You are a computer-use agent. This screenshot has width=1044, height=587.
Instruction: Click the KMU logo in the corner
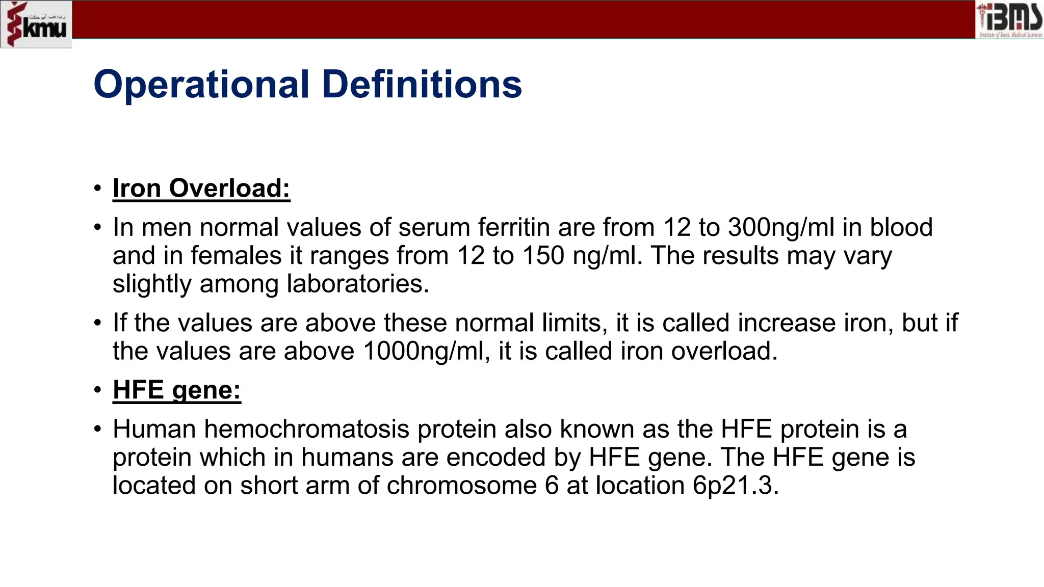coord(36,24)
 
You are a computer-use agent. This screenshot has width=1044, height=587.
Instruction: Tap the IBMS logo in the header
coord(1009,20)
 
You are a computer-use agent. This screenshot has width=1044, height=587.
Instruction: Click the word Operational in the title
coord(201,84)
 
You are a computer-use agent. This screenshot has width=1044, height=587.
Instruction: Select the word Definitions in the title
coord(422,84)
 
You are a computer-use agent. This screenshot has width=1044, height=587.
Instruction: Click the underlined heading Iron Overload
coord(201,188)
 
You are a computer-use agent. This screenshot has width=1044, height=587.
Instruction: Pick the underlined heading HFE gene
coord(176,390)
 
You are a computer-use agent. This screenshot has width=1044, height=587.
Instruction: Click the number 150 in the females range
coord(543,255)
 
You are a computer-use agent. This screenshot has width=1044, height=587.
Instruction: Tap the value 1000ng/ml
coord(423,351)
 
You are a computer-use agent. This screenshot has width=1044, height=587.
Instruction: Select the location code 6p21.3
coord(735,485)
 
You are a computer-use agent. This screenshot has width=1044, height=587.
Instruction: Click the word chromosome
coord(461,485)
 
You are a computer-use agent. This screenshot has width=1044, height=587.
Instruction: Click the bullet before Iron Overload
coord(98,189)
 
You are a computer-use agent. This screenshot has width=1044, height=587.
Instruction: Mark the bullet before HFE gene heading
coord(98,390)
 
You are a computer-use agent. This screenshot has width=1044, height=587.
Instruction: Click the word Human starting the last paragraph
coord(154,429)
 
